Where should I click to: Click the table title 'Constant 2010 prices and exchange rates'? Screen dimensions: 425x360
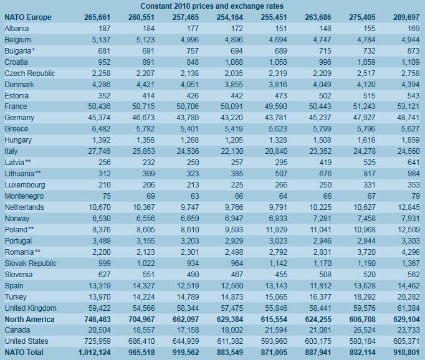coord(212,6)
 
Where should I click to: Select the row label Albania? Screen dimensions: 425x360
coord(17,29)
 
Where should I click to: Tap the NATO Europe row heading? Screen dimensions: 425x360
coord(28,17)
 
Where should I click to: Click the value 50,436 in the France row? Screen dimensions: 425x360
coord(99,107)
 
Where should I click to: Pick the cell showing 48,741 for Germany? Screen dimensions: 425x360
coord(408,118)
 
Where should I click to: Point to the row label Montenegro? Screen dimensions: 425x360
coord(24,196)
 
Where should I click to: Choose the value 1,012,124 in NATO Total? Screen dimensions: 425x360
coord(94,353)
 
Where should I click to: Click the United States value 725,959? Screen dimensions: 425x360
coord(97,341)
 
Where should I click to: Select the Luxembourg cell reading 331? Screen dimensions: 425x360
coord(370,185)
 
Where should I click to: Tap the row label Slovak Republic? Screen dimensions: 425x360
coord(31,263)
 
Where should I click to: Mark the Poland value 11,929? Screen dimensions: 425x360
coord(276,230)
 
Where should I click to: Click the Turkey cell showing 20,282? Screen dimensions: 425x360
coord(408,297)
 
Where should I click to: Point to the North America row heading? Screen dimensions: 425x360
coord(29,320)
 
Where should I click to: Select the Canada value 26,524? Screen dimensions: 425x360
coord(364,330)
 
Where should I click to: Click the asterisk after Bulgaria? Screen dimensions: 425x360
coord(33,50)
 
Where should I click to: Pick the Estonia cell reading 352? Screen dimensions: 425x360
coord(104,96)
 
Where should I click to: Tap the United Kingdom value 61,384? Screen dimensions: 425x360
coord(408,308)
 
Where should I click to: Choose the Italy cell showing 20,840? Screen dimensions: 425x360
coord(276,151)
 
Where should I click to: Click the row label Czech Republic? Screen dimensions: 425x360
coord(30,73)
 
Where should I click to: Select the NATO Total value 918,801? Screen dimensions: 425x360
coord(406,353)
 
